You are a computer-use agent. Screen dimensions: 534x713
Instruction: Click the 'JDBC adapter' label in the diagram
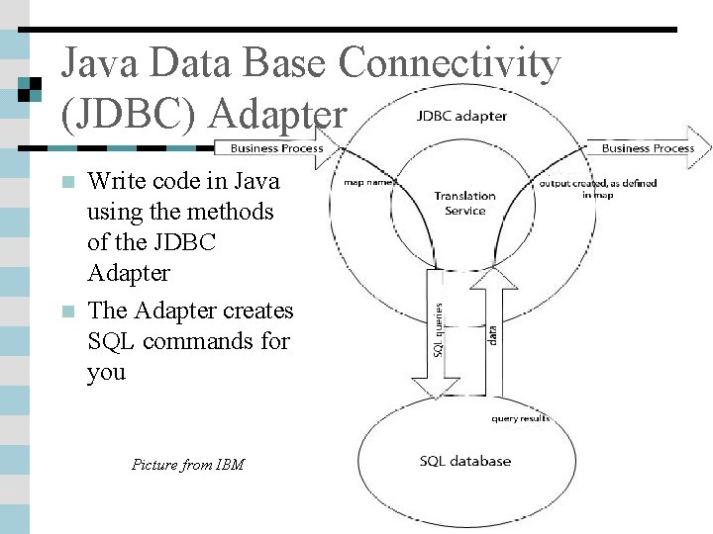[x=461, y=116]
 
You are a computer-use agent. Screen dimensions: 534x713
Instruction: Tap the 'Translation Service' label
[x=464, y=203]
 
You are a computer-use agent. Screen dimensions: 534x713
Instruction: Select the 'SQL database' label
[x=464, y=461]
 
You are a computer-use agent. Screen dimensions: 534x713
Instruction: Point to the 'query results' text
[x=520, y=418]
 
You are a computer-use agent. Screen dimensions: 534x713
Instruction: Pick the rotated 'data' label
[x=493, y=335]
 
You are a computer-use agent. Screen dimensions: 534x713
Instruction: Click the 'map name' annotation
[x=369, y=182]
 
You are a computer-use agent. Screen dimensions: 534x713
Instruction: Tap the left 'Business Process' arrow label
[x=276, y=147]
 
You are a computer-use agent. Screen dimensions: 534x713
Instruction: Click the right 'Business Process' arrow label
[x=648, y=147]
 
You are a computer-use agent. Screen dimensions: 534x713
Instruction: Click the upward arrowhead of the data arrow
[x=493, y=280]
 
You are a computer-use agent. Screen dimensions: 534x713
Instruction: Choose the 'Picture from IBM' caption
[x=187, y=464]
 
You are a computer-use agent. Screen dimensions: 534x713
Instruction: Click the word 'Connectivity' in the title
[x=450, y=64]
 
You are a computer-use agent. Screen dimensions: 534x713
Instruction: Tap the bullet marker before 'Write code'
[x=67, y=182]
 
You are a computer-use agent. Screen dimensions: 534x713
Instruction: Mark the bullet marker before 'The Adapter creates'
[x=67, y=311]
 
